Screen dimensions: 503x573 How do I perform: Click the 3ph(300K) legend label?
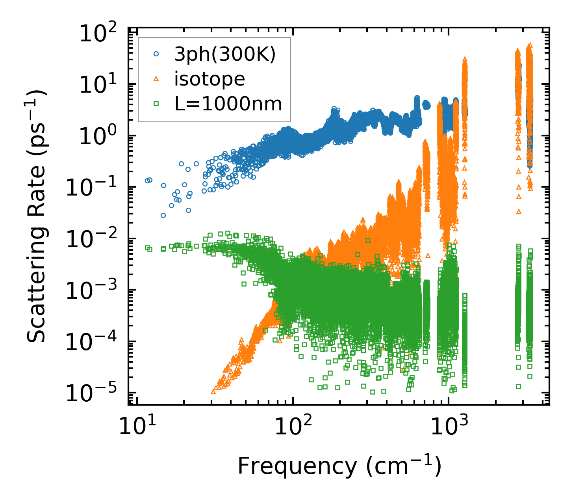coord(225,54)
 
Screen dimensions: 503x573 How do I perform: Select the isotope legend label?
coord(210,79)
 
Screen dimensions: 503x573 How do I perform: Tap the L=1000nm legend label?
coord(228,104)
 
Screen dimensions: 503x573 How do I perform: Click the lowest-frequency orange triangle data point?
coord(213,391)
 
